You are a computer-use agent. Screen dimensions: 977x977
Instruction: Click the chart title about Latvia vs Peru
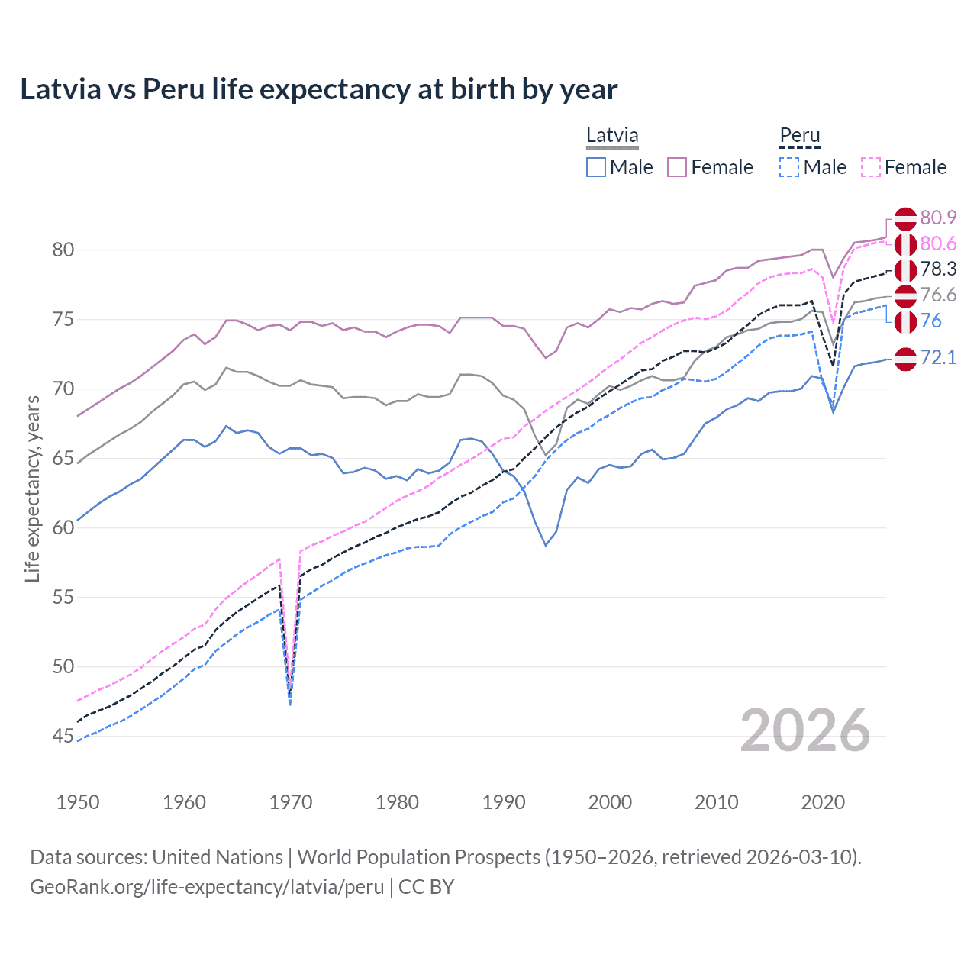pos(318,89)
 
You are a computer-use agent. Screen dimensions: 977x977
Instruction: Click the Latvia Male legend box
pos(596,167)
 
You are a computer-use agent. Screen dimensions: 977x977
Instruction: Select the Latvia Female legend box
pos(677,167)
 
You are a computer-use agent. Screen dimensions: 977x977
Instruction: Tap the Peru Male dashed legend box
pos(789,167)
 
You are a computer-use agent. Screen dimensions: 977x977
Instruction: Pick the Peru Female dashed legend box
pos(871,167)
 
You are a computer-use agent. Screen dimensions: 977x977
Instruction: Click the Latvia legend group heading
pos(612,136)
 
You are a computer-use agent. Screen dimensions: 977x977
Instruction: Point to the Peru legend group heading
pos(799,136)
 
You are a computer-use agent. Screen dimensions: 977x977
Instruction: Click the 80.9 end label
pos(938,218)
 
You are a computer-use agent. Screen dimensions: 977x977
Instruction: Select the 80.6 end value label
pos(938,243)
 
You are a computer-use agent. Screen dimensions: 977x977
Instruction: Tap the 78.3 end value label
pos(938,269)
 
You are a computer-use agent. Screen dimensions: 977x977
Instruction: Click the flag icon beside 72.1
pos(905,358)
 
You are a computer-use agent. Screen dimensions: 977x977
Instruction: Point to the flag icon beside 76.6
pos(905,295)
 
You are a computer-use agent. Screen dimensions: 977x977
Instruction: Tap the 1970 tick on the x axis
pos(291,802)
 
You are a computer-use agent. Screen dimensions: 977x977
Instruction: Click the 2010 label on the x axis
pos(716,802)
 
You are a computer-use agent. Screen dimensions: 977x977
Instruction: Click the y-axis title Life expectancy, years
pos(32,488)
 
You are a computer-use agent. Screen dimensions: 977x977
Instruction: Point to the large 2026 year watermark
pos(804,730)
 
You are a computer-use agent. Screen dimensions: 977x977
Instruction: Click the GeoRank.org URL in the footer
pos(207,887)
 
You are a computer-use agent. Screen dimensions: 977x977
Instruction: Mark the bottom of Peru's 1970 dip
pos(290,704)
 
